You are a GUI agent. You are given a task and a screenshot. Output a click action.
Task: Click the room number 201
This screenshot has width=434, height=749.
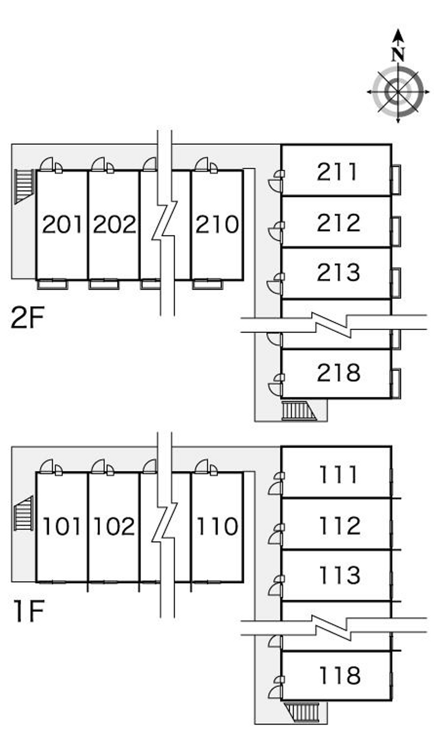62,225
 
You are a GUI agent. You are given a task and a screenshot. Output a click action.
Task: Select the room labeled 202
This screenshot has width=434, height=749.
114,225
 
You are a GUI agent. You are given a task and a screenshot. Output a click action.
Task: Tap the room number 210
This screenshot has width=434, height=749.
218,225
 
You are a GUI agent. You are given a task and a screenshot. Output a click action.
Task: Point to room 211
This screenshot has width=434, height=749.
337,172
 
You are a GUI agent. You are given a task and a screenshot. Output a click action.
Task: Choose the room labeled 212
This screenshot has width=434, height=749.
339,223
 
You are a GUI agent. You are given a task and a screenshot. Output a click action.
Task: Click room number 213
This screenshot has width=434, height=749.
339,272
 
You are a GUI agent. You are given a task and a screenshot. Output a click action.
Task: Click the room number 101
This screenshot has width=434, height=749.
62,526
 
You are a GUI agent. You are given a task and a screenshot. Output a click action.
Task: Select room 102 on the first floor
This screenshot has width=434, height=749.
114,526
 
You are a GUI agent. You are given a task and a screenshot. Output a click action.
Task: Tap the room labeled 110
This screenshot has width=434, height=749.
218,526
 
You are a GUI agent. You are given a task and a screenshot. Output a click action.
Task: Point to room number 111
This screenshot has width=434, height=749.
339,475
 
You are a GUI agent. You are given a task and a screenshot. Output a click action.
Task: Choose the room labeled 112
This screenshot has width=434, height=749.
340,526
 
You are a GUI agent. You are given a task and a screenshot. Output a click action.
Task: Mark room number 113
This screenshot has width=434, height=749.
340,575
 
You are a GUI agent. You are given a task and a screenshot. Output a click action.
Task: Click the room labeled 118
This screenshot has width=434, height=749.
340,675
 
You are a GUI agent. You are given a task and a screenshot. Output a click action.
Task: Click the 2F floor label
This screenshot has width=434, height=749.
28,318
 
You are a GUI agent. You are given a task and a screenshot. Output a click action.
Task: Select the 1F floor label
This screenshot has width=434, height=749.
29,611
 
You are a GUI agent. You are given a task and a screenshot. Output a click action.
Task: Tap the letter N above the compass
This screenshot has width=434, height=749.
398,54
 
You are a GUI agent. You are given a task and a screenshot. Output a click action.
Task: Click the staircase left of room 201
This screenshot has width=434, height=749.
24,186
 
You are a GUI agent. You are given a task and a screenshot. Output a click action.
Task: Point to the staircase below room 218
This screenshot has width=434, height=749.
299,410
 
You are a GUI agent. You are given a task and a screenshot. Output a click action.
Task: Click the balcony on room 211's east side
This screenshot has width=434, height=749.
396,179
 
